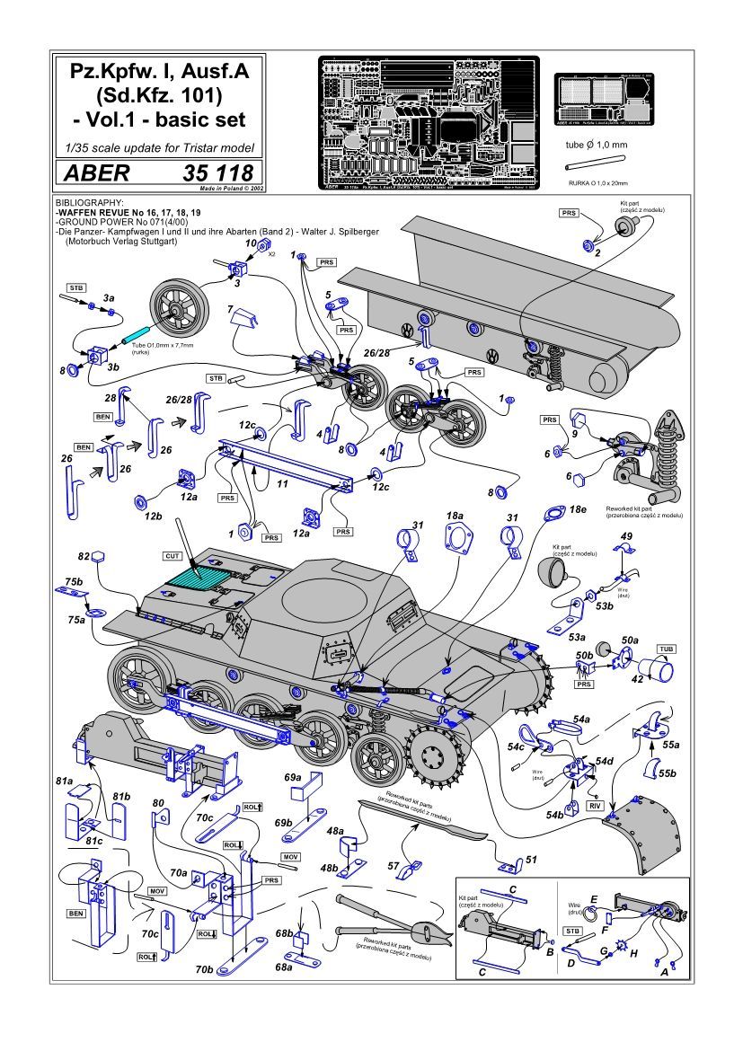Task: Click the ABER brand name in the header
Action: (93, 172)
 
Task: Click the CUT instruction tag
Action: (172, 557)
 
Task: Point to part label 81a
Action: (63, 782)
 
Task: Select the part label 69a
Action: (293, 776)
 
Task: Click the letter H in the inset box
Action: (635, 955)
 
